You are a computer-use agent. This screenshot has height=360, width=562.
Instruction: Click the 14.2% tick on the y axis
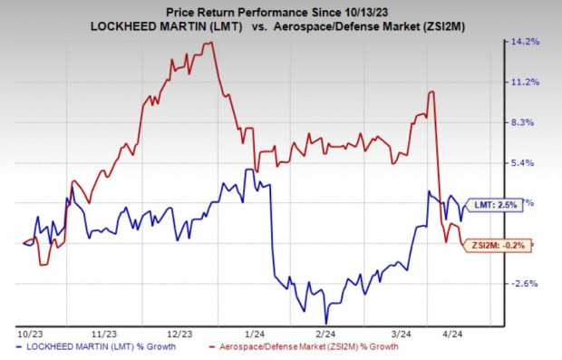[x=528, y=42]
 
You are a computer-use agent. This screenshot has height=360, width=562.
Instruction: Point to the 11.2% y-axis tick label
[x=528, y=82]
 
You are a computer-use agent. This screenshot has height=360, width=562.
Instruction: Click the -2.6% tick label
[x=528, y=283]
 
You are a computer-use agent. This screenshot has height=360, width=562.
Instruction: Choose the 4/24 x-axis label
[x=472, y=334]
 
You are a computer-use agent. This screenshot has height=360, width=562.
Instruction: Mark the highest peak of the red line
[x=211, y=43]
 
